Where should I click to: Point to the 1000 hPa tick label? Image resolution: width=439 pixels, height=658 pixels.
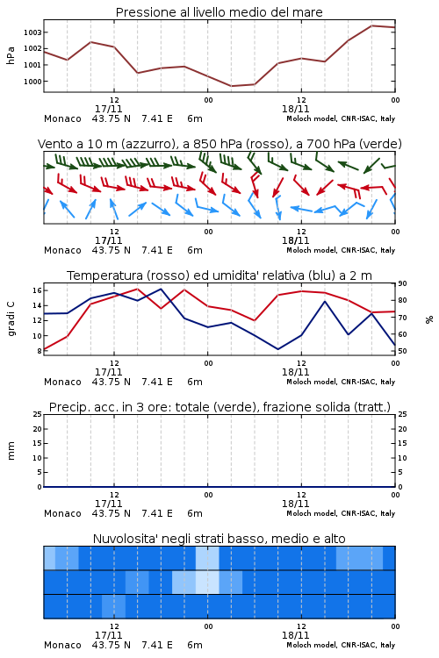(x=32, y=82)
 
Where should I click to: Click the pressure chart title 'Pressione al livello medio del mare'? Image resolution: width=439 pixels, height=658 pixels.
(x=219, y=12)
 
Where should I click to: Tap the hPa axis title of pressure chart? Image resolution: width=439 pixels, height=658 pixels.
(x=11, y=55)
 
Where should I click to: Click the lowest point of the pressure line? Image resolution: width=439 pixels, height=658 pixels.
(x=232, y=86)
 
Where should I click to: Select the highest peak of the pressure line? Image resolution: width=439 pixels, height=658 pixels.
(x=371, y=25)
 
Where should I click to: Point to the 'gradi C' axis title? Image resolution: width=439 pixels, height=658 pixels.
(x=11, y=318)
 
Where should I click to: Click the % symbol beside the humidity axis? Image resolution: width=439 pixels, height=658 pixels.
(x=429, y=319)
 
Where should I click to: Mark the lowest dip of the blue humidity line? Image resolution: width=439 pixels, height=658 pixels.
(x=278, y=349)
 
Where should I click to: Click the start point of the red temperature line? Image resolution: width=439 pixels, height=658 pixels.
(x=44, y=349)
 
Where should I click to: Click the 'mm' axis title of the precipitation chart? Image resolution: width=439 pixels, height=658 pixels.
(x=11, y=451)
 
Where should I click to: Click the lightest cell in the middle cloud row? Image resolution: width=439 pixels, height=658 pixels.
(x=207, y=582)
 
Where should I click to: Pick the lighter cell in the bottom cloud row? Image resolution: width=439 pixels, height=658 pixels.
(x=114, y=606)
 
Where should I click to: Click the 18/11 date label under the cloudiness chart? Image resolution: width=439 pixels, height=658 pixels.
(x=295, y=635)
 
